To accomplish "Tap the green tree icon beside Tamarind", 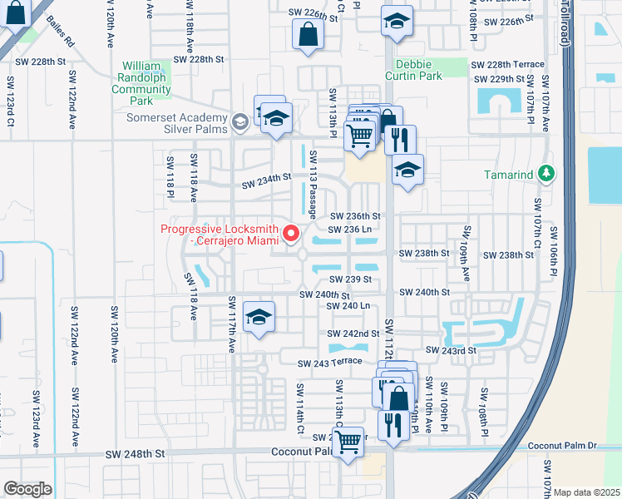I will [545, 174].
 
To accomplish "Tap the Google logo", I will [27, 489].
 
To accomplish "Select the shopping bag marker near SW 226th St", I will [308, 35].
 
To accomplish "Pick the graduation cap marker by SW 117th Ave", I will [259, 317].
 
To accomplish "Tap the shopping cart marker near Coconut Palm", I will [350, 441].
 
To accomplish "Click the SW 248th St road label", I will [136, 454].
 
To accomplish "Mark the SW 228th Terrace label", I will [507, 64].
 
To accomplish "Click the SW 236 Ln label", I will [348, 230].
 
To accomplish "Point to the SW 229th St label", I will [499, 79].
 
